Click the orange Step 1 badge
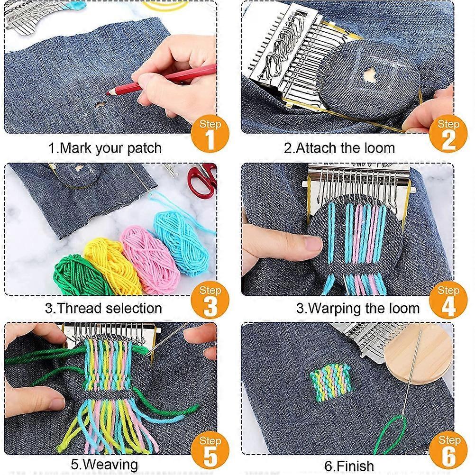click(210, 134)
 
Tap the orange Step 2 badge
click(448, 134)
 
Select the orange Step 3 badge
click(210, 300)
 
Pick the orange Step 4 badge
click(448, 300)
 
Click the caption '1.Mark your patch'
click(105, 148)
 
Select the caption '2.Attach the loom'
click(339, 148)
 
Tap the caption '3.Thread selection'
click(103, 308)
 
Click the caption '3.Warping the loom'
click(358, 309)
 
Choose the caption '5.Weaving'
click(104, 464)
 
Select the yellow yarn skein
click(111, 263)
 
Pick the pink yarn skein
click(149, 258)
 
